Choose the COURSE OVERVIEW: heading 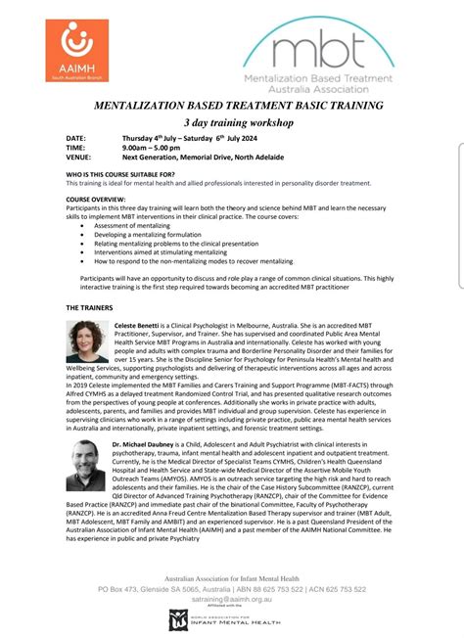point(96,200)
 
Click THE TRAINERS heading point(89,306)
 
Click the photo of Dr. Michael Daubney point(88,465)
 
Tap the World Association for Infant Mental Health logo point(231,620)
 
